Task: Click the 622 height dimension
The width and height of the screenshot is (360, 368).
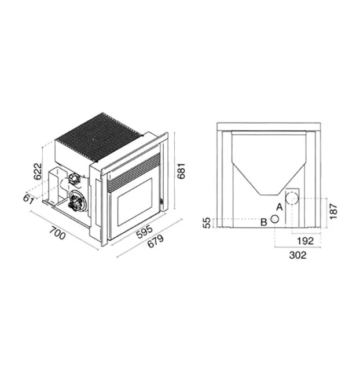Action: click(x=38, y=171)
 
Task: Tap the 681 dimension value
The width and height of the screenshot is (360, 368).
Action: click(x=181, y=171)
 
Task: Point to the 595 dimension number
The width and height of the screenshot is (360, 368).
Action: click(x=145, y=231)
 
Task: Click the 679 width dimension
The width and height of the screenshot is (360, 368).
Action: click(x=156, y=241)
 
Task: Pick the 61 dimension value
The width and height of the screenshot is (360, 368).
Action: click(x=29, y=199)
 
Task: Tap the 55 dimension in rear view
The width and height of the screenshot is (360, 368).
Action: click(x=207, y=223)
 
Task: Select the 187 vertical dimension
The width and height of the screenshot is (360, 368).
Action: click(x=333, y=211)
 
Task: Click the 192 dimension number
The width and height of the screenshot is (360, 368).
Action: click(x=305, y=241)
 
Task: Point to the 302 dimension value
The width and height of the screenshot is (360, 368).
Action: click(x=297, y=255)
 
